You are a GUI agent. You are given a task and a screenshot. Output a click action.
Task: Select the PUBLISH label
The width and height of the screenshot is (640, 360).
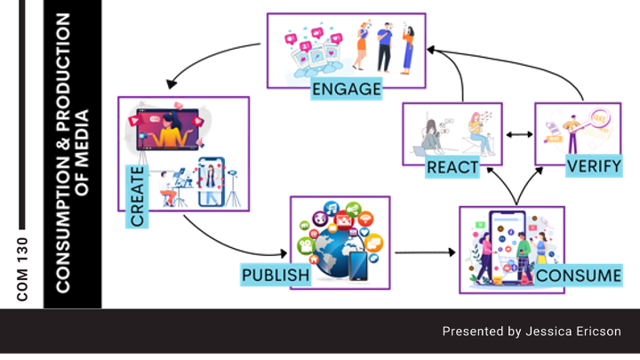click(276, 276)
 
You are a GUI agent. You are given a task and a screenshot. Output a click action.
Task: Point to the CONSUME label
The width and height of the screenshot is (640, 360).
click(579, 276)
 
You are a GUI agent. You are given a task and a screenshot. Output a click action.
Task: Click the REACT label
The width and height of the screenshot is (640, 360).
click(451, 166)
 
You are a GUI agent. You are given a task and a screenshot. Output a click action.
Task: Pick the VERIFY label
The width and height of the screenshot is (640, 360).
click(594, 166)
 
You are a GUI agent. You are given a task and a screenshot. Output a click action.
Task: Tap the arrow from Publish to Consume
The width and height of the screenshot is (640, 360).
click(424, 253)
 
